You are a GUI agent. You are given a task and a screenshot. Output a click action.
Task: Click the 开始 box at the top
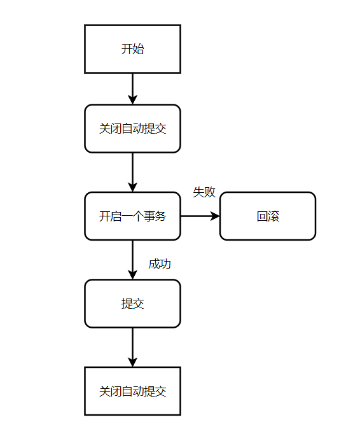[x=132, y=49]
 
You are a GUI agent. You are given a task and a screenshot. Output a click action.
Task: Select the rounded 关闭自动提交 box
[x=132, y=129]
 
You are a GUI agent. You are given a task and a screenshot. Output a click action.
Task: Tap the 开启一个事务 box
[x=132, y=216]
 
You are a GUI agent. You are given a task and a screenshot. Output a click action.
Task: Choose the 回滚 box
[x=267, y=216]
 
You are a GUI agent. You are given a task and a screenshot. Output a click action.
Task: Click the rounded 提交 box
[x=132, y=304]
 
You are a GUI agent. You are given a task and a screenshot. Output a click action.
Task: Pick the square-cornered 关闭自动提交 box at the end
[x=132, y=391]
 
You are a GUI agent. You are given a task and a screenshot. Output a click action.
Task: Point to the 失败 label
[x=204, y=192]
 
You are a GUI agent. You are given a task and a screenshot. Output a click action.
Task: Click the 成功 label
[x=160, y=264]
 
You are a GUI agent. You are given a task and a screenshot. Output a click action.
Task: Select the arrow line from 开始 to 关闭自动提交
[x=132, y=84]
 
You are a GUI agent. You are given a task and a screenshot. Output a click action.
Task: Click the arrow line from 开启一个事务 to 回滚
[x=197, y=216]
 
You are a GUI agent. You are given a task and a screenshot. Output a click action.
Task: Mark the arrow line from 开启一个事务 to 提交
[x=132, y=255]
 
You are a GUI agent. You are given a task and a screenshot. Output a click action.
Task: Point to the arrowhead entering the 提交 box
[x=132, y=274]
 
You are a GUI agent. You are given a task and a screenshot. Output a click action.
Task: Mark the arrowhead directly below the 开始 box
[x=132, y=99]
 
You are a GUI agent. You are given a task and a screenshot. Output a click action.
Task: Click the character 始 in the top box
[x=139, y=49]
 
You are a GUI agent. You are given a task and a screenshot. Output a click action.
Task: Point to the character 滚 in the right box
[x=273, y=216]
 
